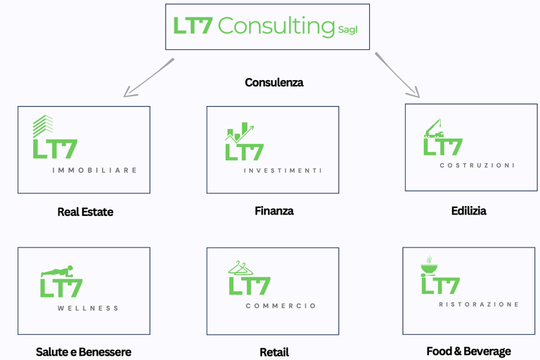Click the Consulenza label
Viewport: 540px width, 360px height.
pyautogui.click(x=274, y=82)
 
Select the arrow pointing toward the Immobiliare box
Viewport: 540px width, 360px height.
pyautogui.click(x=148, y=77)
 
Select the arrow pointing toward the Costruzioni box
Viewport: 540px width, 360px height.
pyautogui.click(x=397, y=75)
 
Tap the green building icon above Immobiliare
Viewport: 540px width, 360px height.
pyautogui.click(x=43, y=126)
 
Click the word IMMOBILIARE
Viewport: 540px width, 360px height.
pyautogui.click(x=95, y=170)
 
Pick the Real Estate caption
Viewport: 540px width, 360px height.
pyautogui.click(x=85, y=212)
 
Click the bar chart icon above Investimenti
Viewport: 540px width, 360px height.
pyautogui.click(x=239, y=132)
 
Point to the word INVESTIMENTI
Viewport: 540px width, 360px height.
pyautogui.click(x=283, y=171)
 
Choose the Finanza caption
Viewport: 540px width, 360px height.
pyautogui.click(x=274, y=211)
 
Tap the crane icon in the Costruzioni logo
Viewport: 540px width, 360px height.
pyautogui.click(x=434, y=129)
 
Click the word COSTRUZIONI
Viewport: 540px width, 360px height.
pyautogui.click(x=477, y=166)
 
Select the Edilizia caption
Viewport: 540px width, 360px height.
pyautogui.click(x=469, y=211)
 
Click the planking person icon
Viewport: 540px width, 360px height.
pyautogui.click(x=57, y=271)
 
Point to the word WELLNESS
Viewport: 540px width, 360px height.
pyautogui.click(x=88, y=309)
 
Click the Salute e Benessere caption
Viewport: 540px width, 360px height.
pyautogui.click(x=84, y=352)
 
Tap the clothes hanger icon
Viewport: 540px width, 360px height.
pyautogui.click(x=240, y=268)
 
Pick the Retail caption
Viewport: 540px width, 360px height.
pyautogui.click(x=274, y=352)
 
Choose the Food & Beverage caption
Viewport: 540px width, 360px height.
pyautogui.click(x=468, y=352)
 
